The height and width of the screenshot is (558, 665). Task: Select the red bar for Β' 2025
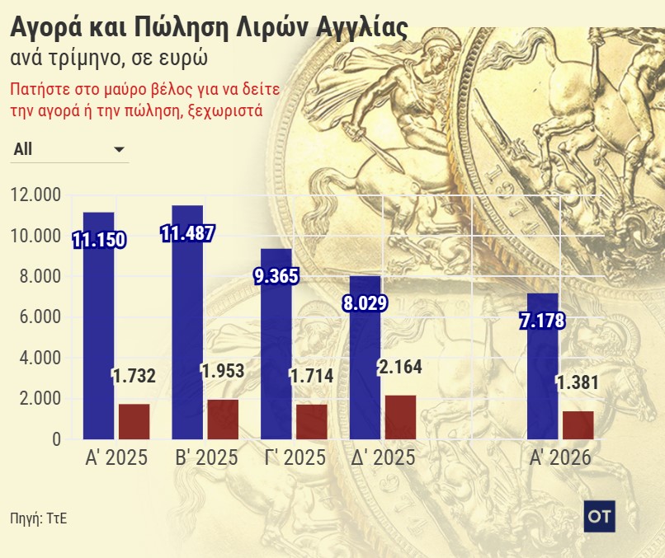[223, 420]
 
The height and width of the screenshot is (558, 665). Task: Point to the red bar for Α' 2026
[578, 425]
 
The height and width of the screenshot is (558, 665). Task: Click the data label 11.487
[188, 233]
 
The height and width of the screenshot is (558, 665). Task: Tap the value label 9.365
[276, 276]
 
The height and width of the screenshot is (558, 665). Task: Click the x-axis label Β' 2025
[205, 458]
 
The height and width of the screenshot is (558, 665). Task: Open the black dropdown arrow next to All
[119, 149]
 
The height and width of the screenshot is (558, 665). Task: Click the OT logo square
[597, 513]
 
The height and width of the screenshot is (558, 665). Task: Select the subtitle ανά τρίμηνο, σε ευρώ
[108, 59]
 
